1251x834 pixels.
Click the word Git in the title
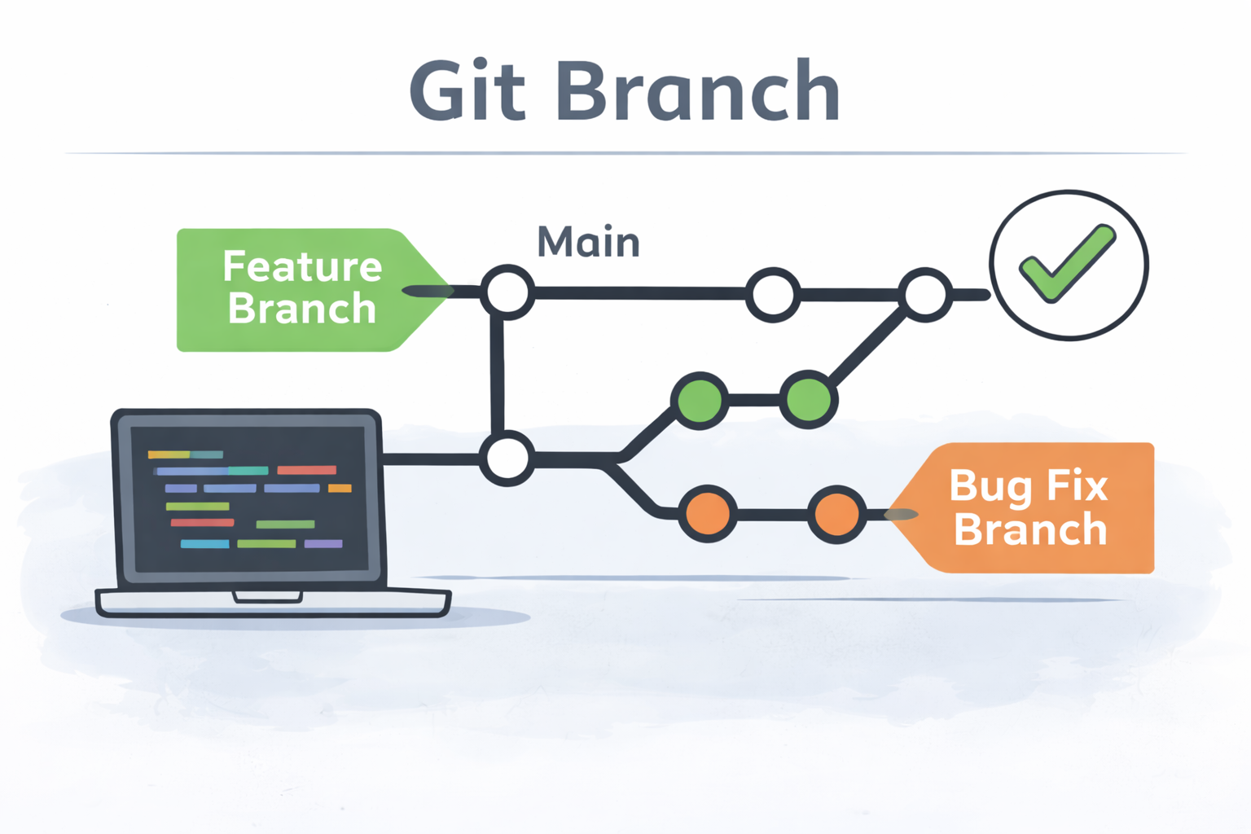(467, 91)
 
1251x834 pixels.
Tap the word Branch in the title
(698, 91)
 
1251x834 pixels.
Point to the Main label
(588, 242)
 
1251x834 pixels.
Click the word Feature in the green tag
(302, 266)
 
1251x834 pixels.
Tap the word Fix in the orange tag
(1077, 485)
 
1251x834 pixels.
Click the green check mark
(1067, 263)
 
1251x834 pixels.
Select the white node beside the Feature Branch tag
(507, 292)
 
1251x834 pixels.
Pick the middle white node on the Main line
(772, 294)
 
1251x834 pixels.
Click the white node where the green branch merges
(924, 293)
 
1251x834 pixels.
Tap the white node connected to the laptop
(507, 458)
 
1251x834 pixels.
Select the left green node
(699, 399)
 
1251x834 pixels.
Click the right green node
(808, 399)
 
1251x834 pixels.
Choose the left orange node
(707, 514)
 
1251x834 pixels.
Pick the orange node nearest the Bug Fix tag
(836, 514)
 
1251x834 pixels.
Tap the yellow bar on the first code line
(169, 454)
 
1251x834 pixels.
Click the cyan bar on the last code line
(204, 544)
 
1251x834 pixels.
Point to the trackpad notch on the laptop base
(267, 598)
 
